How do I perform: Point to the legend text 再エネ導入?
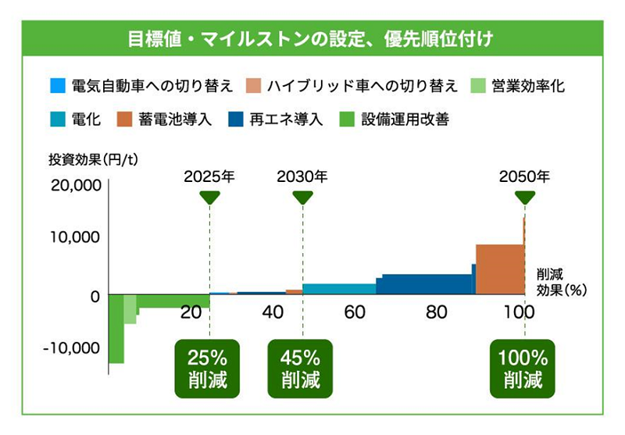[x=286, y=120]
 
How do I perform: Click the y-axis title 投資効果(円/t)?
[x=93, y=161]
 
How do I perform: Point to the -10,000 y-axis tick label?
[x=72, y=348]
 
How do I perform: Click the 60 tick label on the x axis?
[x=355, y=312]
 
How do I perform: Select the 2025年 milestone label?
[x=209, y=176]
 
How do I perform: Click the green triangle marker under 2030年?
[x=302, y=198]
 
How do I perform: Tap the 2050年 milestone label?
[x=524, y=176]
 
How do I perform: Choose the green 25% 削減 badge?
[x=207, y=369]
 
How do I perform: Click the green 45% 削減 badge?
[x=301, y=369]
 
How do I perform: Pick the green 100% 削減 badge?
[x=523, y=369]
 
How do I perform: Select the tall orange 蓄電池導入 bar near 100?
[x=500, y=269]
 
